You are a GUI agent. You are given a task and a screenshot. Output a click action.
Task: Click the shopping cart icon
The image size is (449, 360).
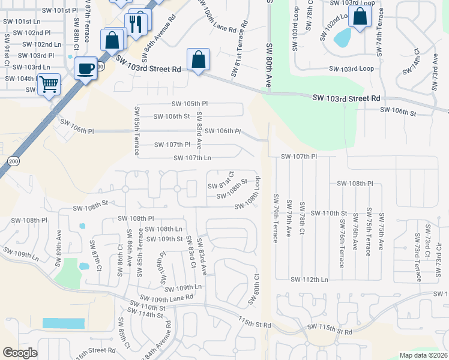49,85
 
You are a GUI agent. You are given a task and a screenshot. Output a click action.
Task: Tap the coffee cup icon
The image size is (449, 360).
86,68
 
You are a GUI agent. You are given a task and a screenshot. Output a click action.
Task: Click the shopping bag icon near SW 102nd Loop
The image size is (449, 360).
360,17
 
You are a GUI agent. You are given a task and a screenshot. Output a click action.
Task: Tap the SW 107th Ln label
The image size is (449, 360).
192,158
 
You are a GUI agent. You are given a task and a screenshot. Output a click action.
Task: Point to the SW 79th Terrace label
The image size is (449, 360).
276,218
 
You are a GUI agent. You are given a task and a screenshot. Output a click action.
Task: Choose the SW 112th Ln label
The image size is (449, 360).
309,280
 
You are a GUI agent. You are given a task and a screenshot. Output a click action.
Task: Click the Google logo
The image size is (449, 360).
20,353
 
